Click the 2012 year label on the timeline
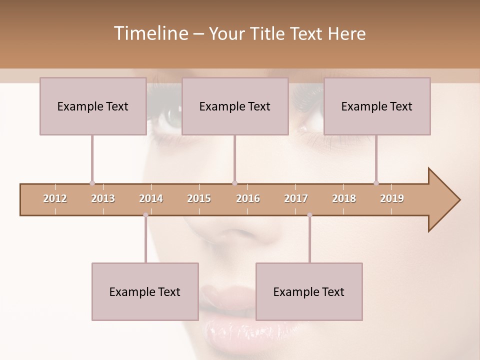click(55, 198)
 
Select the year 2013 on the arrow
click(103, 198)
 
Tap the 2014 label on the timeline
click(151, 198)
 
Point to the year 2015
click(199, 198)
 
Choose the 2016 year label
click(248, 198)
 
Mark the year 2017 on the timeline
click(296, 198)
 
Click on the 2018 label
click(344, 198)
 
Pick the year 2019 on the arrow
click(392, 198)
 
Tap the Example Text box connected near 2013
click(92, 106)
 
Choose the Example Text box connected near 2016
click(234, 106)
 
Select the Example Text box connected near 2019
click(376, 106)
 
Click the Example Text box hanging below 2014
click(145, 291)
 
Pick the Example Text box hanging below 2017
click(309, 291)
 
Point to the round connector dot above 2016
click(234, 183)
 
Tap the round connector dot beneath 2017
click(309, 215)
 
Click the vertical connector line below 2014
click(145, 240)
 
